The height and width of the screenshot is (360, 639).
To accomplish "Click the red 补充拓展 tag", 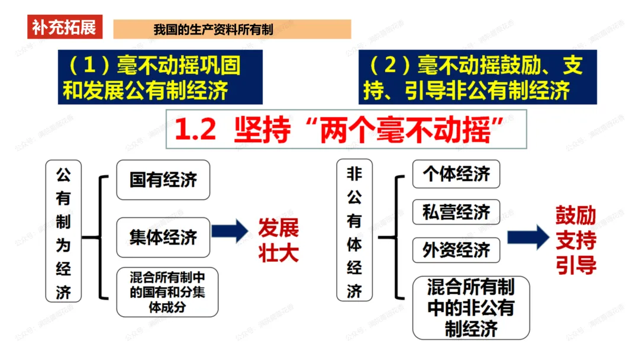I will (x=64, y=27).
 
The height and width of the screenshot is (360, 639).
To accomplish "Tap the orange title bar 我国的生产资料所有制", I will (x=232, y=29).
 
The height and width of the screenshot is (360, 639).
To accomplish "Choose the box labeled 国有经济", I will (x=163, y=179).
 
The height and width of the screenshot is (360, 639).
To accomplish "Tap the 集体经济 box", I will (x=163, y=237).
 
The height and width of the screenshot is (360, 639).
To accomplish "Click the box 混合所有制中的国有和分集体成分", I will (x=167, y=291).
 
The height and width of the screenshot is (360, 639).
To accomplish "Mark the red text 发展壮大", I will (x=278, y=240).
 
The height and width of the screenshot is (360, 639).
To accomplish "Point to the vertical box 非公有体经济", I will (x=354, y=231).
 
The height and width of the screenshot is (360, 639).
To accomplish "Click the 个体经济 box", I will (x=456, y=174).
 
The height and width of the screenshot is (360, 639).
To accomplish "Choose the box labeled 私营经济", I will (x=456, y=212).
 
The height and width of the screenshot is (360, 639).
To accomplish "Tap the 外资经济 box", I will (x=456, y=250).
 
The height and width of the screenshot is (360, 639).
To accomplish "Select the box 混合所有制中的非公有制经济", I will (x=471, y=308).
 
